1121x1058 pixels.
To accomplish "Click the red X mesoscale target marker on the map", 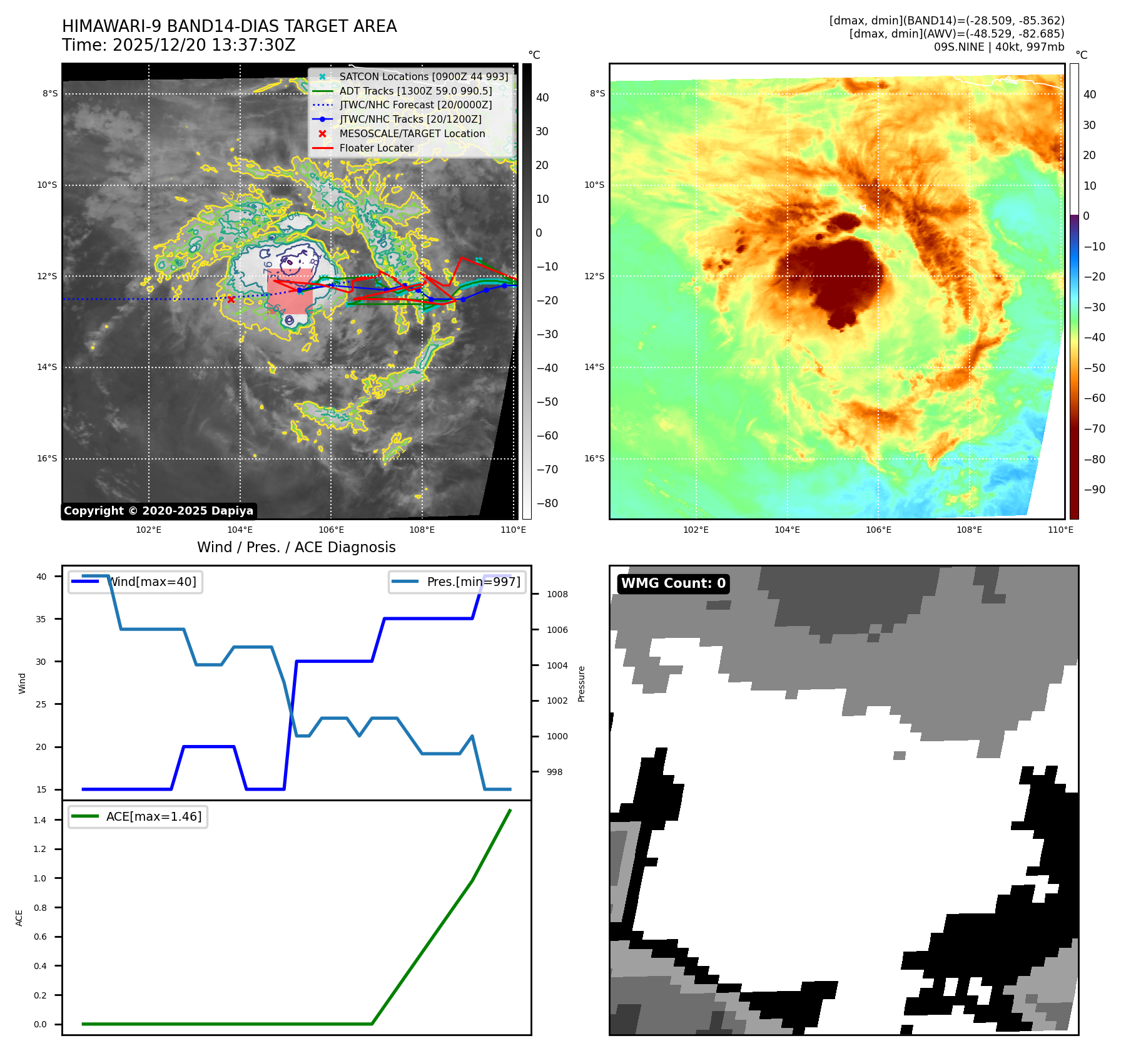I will point(231,300).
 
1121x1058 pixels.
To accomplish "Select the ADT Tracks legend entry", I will point(415,91).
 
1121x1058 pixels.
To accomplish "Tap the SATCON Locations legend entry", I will point(424,76).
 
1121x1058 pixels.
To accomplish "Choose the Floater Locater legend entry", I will point(376,148).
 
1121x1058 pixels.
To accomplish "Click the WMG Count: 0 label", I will point(673,583).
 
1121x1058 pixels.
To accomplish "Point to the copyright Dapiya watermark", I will point(158,511).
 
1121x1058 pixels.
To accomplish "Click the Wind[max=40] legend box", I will point(135,582).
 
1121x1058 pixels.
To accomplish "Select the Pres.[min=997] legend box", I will point(457,582).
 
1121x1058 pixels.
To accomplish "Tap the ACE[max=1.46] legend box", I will point(138,816).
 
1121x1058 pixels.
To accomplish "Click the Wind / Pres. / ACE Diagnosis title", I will point(296,547).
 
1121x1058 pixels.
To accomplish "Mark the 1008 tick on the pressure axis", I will point(557,594).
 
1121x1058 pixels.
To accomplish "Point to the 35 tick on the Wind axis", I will point(41,619).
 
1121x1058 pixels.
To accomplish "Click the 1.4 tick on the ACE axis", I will point(39,820).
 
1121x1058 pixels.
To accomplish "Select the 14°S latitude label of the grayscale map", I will point(47,367).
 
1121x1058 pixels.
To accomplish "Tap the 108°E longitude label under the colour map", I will point(969,530).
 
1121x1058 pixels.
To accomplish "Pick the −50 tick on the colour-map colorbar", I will point(1094,367).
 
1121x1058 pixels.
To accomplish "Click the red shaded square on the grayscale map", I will point(290,291).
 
